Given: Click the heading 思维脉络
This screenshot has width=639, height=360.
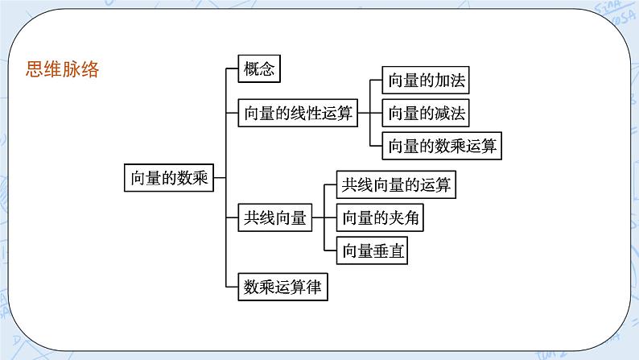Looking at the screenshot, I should pos(63,69).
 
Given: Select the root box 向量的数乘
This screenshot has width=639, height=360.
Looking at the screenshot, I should pos(170,177).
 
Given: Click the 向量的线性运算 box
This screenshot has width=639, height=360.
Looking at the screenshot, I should pos(298,114).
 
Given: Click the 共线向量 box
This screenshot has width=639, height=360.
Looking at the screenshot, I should pos(275,217).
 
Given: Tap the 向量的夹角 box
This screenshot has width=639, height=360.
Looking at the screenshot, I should pos(381,217).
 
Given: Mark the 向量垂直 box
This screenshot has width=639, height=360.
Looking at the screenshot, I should pos(373,250).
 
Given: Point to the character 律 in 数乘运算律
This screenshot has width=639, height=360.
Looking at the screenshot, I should pos(318,287).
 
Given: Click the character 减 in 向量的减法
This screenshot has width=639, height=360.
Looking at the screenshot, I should pos(441,114).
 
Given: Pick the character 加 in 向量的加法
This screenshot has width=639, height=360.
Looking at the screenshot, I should pos(441,81).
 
